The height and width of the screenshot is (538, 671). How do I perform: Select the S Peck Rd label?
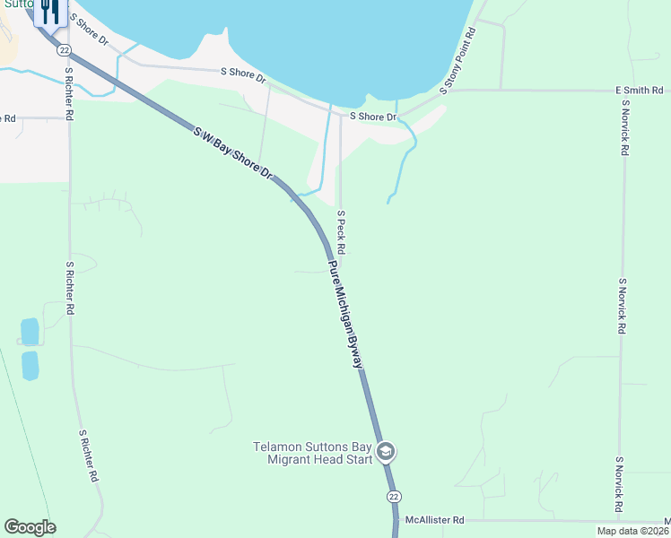coord(342,231)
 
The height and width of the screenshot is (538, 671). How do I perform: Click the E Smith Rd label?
coord(639,91)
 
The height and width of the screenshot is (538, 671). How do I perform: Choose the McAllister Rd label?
coord(434,520)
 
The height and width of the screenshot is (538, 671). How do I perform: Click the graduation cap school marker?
coord(386,451)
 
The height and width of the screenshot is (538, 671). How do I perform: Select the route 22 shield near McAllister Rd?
coord(394,497)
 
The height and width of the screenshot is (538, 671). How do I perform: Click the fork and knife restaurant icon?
coord(49,11)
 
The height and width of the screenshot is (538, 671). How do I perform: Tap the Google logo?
coord(30,527)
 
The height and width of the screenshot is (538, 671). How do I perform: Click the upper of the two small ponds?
coord(30,332)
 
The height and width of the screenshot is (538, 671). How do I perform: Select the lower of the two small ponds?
coord(30,366)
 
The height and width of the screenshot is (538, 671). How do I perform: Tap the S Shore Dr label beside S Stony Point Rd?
coord(372,117)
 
